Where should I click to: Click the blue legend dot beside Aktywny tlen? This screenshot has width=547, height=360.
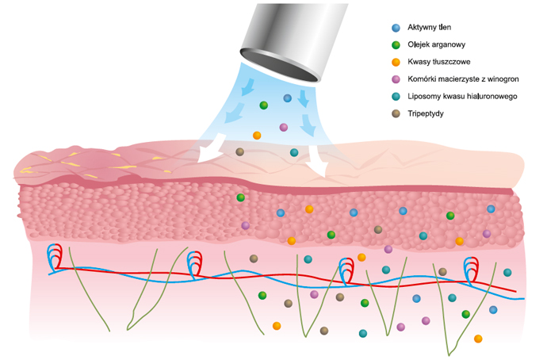(396, 27)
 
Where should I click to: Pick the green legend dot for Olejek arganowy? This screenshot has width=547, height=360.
(396, 44)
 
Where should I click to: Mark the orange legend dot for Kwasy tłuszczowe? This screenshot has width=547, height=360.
(396, 62)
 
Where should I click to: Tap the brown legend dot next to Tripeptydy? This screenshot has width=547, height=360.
(396, 114)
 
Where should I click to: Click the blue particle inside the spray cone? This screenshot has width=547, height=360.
(288, 98)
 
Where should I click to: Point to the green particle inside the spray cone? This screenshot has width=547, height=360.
(264, 105)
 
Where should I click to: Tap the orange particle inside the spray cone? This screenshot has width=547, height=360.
(257, 136)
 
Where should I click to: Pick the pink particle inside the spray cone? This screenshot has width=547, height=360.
(284, 127)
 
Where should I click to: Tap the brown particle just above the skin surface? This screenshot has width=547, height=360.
(239, 151)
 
